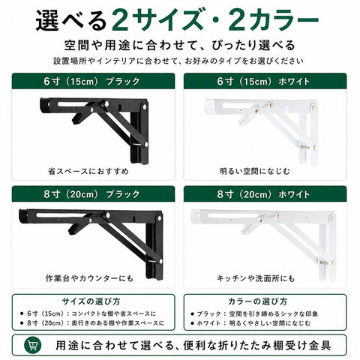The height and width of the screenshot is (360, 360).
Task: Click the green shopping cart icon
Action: click(x=33, y=345)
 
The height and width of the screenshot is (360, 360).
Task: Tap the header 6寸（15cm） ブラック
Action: click(x=91, y=81)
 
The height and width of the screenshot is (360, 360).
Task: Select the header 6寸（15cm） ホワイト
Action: click(x=263, y=81)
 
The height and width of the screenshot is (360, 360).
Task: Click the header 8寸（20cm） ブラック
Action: click(x=91, y=194)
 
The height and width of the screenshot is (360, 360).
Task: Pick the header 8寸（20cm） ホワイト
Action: click(x=263, y=194)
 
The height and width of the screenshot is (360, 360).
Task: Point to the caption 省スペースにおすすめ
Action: click(x=88, y=171)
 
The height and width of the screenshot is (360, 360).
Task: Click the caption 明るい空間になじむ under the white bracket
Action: click(x=255, y=171)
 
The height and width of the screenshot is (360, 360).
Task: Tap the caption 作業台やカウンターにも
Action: click(x=89, y=278)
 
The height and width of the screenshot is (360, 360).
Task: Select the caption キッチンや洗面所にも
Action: click(x=256, y=278)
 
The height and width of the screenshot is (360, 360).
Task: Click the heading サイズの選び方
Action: click(x=91, y=301)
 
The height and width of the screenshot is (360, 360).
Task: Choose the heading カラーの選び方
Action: click(x=257, y=301)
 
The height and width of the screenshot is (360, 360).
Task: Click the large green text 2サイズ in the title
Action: click(x=157, y=20)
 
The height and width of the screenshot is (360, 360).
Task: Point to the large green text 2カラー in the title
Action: click(x=274, y=20)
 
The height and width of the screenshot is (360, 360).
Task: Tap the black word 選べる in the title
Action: click(x=71, y=20)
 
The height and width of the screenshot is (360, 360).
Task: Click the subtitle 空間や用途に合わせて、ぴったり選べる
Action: click(x=180, y=45)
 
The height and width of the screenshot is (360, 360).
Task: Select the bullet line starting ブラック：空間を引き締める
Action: click(x=254, y=313)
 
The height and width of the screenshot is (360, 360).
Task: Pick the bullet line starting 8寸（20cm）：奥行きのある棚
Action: click(x=92, y=323)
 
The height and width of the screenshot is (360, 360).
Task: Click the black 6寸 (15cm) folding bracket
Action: click(x=94, y=130)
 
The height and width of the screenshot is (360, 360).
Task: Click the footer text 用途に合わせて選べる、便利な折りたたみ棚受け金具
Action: click(x=193, y=346)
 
